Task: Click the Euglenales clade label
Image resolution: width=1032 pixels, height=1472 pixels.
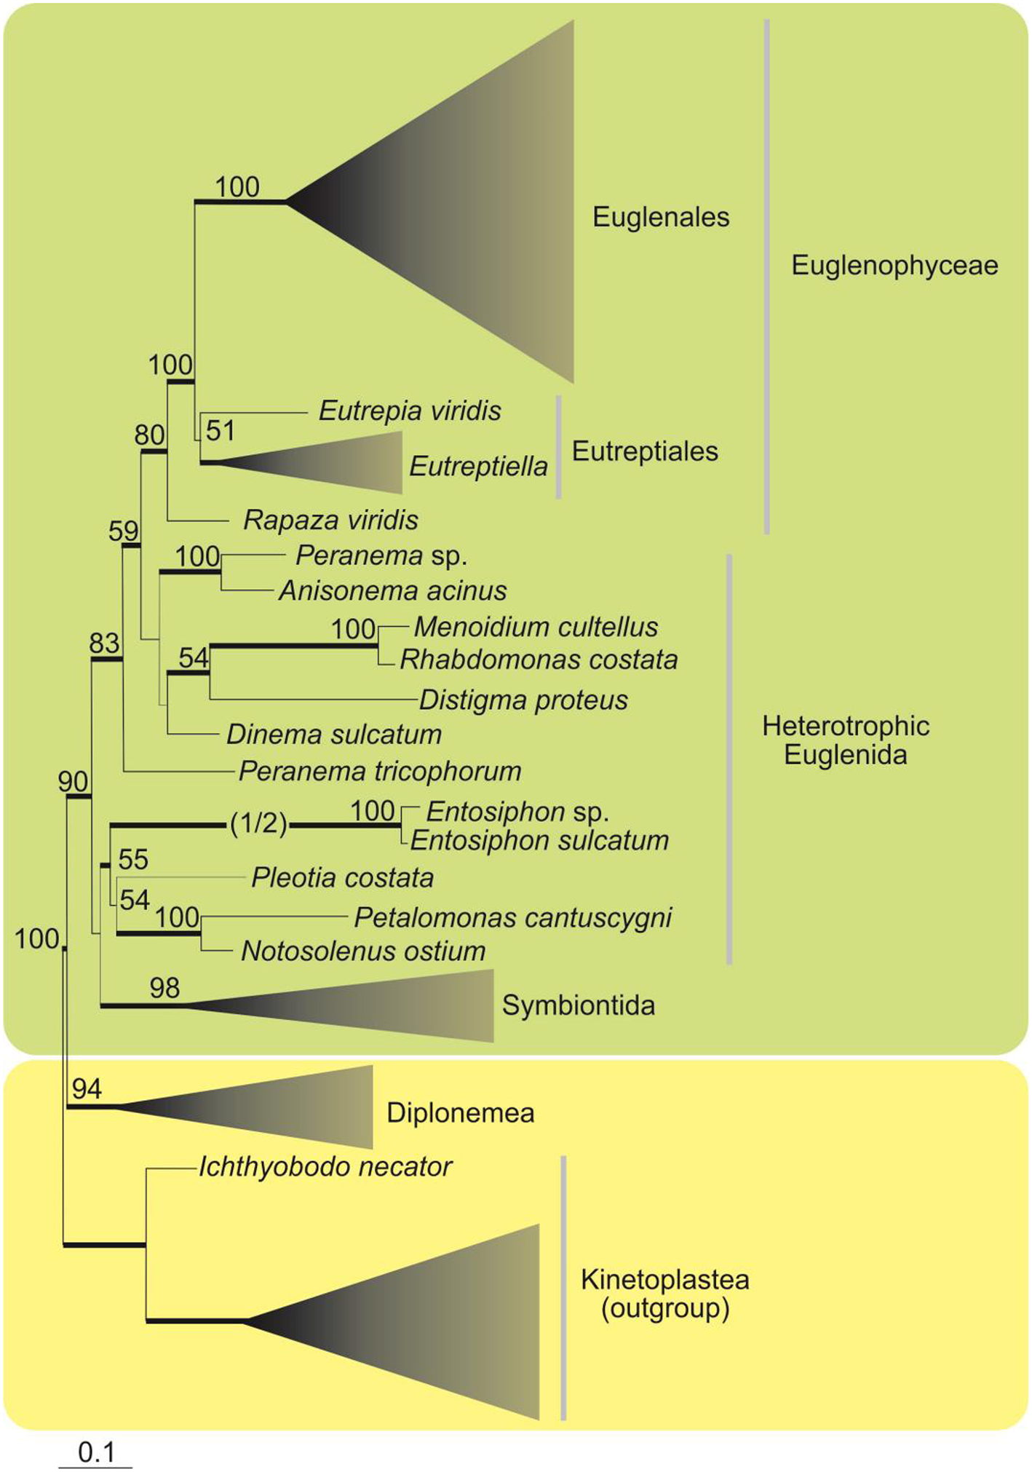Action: tap(660, 217)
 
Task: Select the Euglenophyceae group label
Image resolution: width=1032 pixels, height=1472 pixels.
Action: tap(894, 266)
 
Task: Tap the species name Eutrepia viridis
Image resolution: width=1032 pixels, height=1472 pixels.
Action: tap(410, 411)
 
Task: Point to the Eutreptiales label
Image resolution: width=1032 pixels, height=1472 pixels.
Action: tap(645, 451)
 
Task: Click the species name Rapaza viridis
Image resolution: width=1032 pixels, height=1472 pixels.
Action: tap(330, 521)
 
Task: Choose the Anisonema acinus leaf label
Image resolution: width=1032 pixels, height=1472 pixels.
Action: tap(392, 591)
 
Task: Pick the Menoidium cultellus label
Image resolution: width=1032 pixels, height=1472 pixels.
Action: tap(536, 627)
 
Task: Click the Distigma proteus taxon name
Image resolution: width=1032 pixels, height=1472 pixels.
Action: tap(523, 700)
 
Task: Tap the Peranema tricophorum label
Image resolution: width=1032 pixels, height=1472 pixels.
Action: tap(380, 772)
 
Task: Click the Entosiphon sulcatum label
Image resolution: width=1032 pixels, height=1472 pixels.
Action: tap(539, 841)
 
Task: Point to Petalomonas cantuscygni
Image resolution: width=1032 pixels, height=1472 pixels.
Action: tap(512, 918)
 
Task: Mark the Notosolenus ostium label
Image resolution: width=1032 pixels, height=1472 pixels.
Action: tap(363, 951)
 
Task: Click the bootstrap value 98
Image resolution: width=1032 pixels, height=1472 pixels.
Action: tap(164, 988)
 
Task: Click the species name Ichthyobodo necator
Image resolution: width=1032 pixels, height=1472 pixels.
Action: tap(325, 1167)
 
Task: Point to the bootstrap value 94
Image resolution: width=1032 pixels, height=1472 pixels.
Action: tap(87, 1089)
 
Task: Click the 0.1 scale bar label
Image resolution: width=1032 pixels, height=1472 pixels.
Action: tap(96, 1453)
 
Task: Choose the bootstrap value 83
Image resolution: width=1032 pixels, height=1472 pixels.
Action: tap(104, 644)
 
